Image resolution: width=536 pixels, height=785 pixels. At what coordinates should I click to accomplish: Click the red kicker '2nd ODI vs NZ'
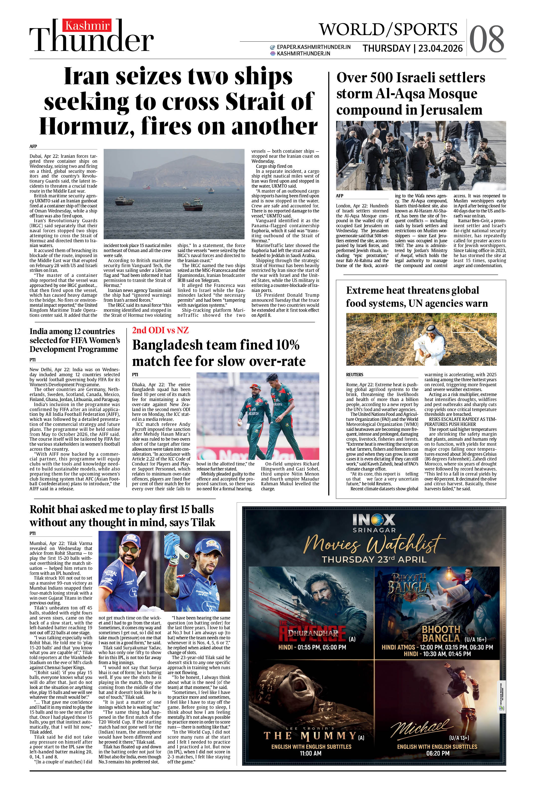(160, 330)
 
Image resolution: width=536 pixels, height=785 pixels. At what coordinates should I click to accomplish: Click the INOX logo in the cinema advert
(374, 519)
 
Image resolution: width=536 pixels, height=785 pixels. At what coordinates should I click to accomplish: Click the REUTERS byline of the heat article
(354, 375)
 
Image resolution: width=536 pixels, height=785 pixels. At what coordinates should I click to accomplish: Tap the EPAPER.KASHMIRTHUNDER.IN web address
(313, 47)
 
